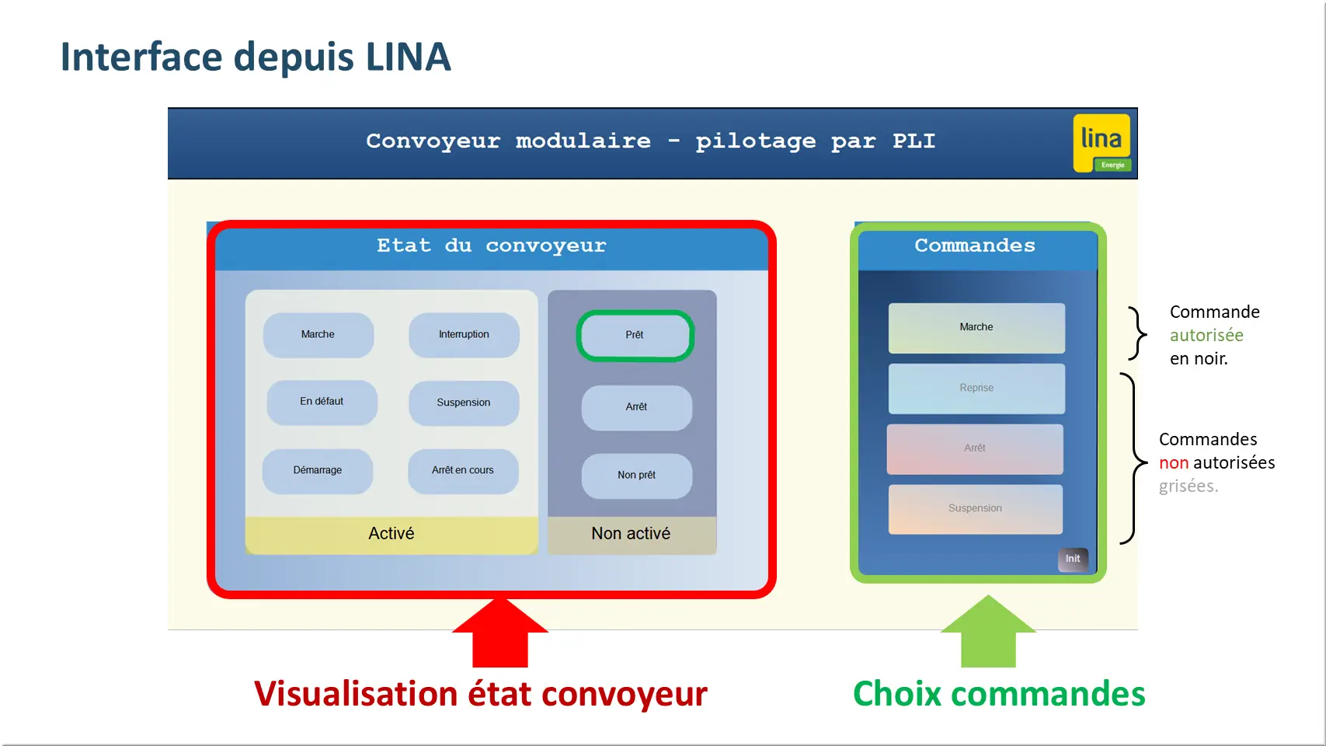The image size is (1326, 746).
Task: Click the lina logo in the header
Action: click(x=1102, y=143)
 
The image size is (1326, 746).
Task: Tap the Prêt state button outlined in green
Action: click(x=635, y=335)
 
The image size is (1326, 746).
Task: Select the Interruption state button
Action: click(x=464, y=335)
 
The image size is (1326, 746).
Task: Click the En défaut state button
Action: click(x=322, y=402)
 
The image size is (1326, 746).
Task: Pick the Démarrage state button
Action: click(x=318, y=471)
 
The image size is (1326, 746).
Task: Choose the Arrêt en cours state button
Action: click(x=463, y=471)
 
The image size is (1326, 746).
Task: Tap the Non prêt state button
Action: click(x=636, y=476)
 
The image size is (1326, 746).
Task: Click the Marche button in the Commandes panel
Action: click(x=976, y=328)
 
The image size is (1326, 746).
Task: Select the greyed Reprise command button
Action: click(x=976, y=389)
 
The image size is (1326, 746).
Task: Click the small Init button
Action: click(x=1073, y=559)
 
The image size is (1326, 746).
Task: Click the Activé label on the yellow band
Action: click(x=392, y=534)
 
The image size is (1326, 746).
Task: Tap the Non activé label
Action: click(x=631, y=534)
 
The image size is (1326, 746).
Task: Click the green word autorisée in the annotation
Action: click(x=1206, y=336)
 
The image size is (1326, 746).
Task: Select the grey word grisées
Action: click(x=1189, y=486)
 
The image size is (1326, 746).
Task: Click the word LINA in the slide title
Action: click(x=408, y=58)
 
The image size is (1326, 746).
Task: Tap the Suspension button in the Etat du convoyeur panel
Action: click(x=464, y=403)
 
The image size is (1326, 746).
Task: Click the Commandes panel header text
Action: click(x=975, y=246)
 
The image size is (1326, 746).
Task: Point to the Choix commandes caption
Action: click(x=999, y=694)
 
